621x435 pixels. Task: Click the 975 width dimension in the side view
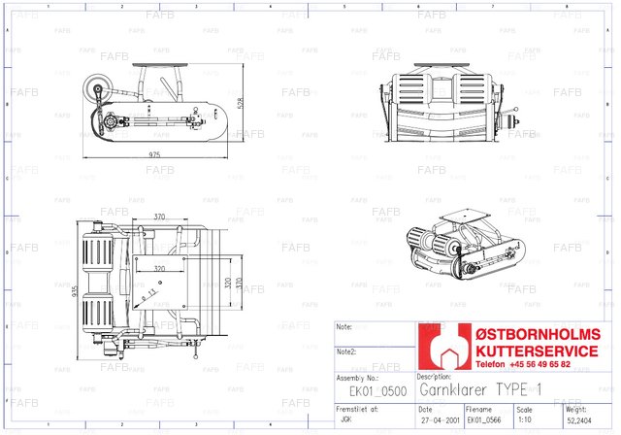(155, 155)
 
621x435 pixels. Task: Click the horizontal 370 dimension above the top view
(160, 217)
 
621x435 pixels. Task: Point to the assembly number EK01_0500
(372, 390)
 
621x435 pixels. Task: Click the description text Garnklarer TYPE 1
(479, 389)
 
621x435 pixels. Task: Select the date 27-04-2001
(439, 421)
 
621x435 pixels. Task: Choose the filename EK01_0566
(486, 421)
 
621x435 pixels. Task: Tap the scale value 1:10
(526, 421)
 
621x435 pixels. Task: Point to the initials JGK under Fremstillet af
(347, 421)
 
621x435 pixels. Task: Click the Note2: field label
(346, 351)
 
